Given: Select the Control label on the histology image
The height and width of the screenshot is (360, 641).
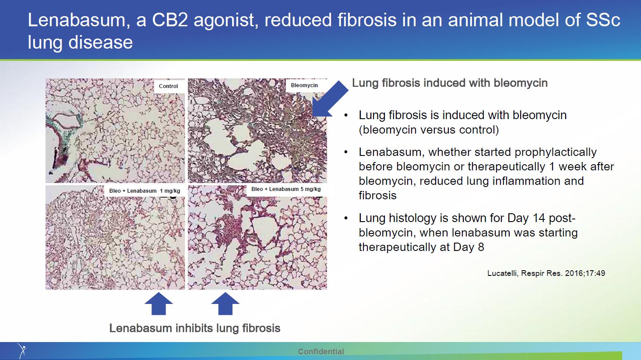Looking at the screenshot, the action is coord(168,86).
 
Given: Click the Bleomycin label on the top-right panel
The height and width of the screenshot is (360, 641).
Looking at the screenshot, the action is coord(304,85).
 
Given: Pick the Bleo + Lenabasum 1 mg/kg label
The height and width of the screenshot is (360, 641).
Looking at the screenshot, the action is coord(144,191).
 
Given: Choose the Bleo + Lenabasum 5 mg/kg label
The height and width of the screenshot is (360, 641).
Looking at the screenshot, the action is coord(286,189).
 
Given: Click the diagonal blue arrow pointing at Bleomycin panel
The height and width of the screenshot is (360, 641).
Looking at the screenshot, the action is coord(330,99).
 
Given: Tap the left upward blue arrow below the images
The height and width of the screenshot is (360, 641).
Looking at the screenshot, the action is coord(158,304).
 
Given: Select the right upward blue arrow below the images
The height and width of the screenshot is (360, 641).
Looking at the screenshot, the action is coord(225,304).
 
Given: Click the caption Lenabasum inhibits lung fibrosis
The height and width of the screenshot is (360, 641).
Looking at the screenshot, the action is coord(194,328).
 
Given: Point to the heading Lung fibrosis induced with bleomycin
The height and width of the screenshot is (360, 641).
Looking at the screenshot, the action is coord(450,83).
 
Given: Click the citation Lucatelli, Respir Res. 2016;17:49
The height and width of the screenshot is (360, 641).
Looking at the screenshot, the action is coord(546,273).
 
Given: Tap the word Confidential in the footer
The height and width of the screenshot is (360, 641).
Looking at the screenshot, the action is coord(321,351).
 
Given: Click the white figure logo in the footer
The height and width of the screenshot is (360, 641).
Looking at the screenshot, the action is coord(22,350).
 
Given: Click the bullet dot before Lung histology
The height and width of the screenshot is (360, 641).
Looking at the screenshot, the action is coord(346,219).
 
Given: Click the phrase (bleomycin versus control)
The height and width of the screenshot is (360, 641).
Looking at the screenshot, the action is coord(429,130).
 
